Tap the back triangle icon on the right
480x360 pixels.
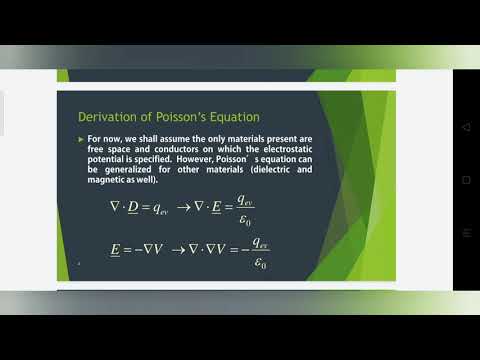click(x=465, y=129)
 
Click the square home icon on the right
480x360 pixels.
click(x=465, y=181)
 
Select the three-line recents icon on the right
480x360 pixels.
click(x=465, y=232)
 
